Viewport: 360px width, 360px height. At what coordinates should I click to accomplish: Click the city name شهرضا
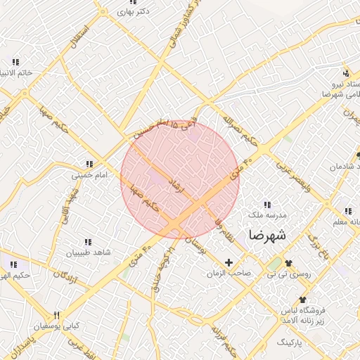point(266,235)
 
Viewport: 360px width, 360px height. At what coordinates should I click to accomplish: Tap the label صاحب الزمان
point(229,272)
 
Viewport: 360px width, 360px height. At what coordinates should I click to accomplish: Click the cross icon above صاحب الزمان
point(229,262)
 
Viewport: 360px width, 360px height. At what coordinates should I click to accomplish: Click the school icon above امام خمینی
point(89,164)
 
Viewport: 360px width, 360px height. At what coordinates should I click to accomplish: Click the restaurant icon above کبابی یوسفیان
point(58,315)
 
